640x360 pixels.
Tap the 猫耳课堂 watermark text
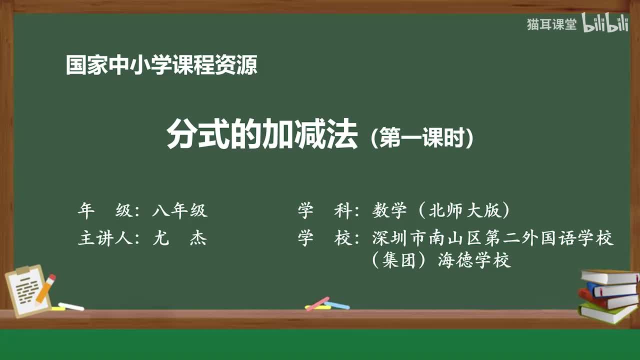(551, 24)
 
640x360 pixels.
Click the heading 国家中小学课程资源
(161, 65)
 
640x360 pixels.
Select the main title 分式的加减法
(262, 135)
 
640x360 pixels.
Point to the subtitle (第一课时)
(422, 137)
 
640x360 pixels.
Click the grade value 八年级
(179, 211)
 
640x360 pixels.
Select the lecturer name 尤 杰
(179, 238)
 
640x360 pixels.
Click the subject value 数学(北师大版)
(441, 211)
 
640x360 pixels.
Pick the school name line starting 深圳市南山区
(492, 238)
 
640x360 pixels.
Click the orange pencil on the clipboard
(45, 288)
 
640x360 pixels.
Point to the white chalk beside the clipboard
(71, 306)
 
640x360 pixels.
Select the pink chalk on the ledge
(317, 303)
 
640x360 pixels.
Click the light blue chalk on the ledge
(337, 305)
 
